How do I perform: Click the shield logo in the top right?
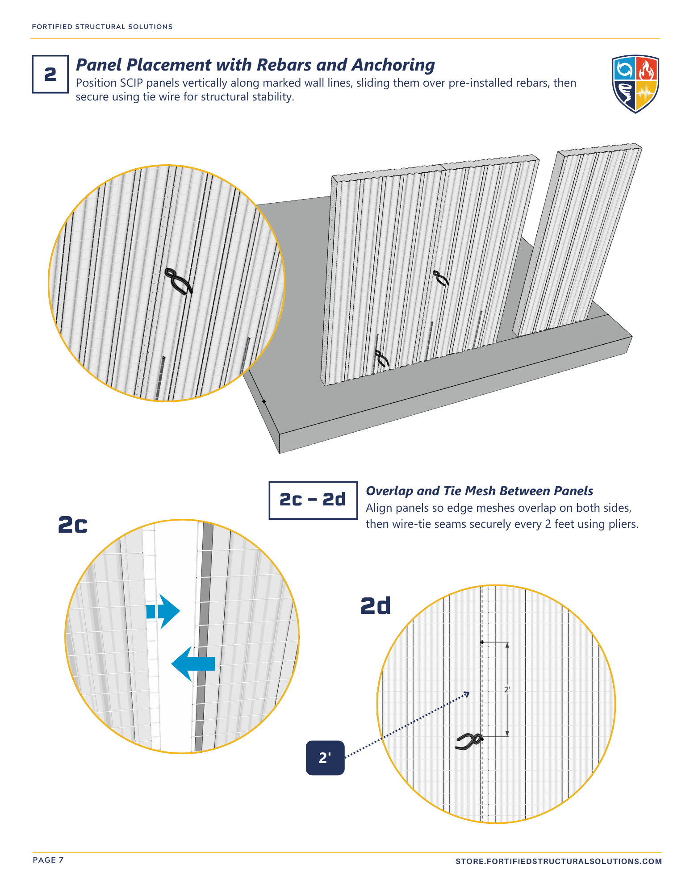(x=635, y=84)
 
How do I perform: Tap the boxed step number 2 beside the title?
(x=50, y=74)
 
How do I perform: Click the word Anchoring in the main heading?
(x=393, y=65)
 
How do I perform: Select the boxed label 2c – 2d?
(x=313, y=500)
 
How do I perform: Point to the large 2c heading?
(x=73, y=525)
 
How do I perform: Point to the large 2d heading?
(x=375, y=606)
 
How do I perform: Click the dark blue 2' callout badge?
(x=325, y=758)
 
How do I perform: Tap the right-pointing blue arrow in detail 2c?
(x=163, y=611)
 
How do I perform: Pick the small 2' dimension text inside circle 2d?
(x=507, y=690)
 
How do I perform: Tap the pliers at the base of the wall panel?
(x=381, y=359)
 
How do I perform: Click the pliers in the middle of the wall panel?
(x=441, y=278)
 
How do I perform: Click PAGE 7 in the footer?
(x=48, y=860)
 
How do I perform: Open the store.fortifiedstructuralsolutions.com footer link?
(x=558, y=861)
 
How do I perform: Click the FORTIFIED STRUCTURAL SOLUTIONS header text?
(x=102, y=27)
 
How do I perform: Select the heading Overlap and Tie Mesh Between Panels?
(x=479, y=491)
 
